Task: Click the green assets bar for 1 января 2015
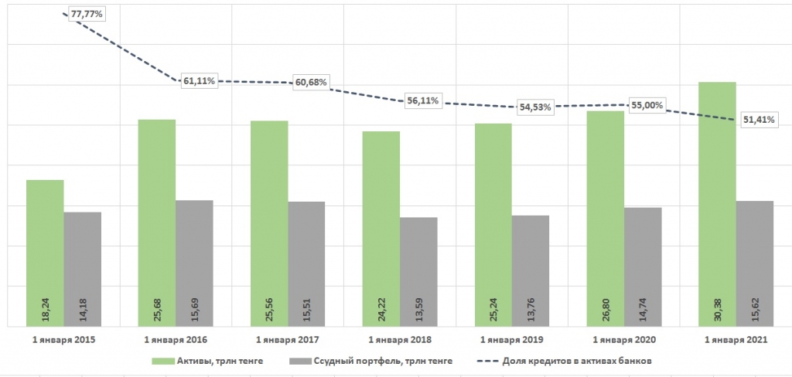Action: [45, 253]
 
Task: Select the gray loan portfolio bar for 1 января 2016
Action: [194, 263]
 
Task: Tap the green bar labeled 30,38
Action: [717, 205]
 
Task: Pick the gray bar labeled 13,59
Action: [418, 272]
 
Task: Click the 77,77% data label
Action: [87, 15]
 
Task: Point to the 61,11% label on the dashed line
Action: [199, 81]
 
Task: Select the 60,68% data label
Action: [311, 82]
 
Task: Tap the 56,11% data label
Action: [423, 101]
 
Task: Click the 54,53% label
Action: [535, 107]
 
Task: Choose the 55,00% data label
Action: [647, 106]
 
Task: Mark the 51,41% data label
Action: [760, 120]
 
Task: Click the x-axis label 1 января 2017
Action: [288, 340]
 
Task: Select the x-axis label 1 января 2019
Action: [512, 340]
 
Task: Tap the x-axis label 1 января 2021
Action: [736, 340]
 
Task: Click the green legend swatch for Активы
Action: [162, 361]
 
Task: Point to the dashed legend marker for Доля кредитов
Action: [487, 361]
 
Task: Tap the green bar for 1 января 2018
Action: [381, 229]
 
